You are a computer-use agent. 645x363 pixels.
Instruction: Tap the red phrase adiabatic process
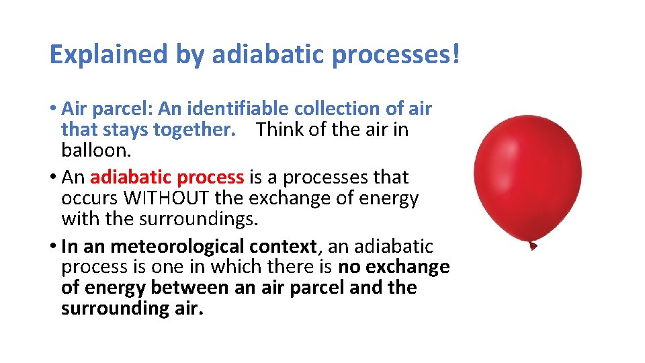166,177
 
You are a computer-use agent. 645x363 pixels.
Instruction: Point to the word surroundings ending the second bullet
180,218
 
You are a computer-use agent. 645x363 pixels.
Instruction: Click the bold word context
292,247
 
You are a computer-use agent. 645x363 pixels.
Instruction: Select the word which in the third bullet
235,267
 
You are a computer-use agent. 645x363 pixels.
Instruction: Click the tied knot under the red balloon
532,245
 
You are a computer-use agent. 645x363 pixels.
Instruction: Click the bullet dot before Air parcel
53,109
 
